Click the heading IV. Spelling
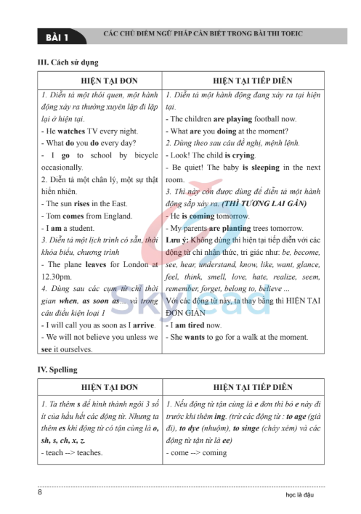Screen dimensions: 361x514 (x=60, y=369)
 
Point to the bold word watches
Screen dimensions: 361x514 (x=71, y=131)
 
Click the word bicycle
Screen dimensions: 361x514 (x=143, y=155)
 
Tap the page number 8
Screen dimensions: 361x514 (x=39, y=493)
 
